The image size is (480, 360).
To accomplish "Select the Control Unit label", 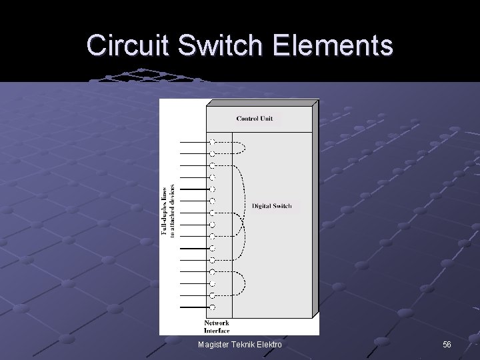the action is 255,119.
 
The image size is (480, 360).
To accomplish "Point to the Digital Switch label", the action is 271,206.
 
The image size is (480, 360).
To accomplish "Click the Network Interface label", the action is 217,327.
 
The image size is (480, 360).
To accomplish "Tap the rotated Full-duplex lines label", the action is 169,211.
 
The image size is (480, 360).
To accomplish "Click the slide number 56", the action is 447,344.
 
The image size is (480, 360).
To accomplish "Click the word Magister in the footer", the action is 216,344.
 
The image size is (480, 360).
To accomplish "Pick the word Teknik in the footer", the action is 243,344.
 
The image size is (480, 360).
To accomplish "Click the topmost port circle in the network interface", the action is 212,142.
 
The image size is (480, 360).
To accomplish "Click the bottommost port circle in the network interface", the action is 212,307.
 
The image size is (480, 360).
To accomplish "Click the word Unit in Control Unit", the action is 267,119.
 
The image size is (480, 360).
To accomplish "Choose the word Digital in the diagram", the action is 262,206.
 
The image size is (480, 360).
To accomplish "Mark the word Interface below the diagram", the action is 217,331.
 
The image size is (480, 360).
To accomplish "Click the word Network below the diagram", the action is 217,323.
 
